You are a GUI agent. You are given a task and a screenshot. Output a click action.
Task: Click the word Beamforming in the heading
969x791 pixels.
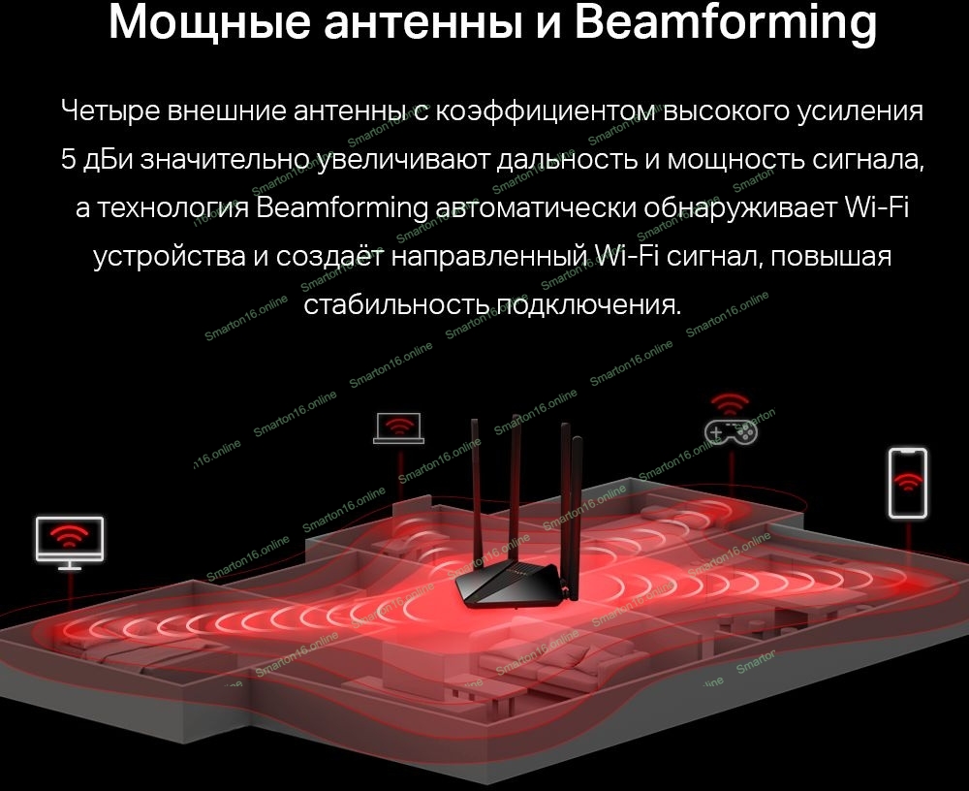(726, 23)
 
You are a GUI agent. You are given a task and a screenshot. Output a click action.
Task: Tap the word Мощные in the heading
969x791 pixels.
(209, 22)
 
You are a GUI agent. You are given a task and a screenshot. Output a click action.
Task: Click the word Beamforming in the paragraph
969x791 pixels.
(342, 208)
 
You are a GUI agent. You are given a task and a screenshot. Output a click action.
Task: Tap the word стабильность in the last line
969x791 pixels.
(396, 304)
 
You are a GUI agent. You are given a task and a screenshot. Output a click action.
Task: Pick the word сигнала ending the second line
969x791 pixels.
(868, 160)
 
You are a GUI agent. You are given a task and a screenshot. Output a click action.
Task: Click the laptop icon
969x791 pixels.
(398, 427)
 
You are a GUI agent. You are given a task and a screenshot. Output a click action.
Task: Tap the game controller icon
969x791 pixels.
(731, 431)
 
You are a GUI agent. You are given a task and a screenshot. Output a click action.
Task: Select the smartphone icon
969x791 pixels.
(908, 483)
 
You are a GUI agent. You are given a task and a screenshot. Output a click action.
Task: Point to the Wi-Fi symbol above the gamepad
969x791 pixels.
(730, 404)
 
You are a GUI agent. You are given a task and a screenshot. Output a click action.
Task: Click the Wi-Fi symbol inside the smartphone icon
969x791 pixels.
(908, 480)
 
